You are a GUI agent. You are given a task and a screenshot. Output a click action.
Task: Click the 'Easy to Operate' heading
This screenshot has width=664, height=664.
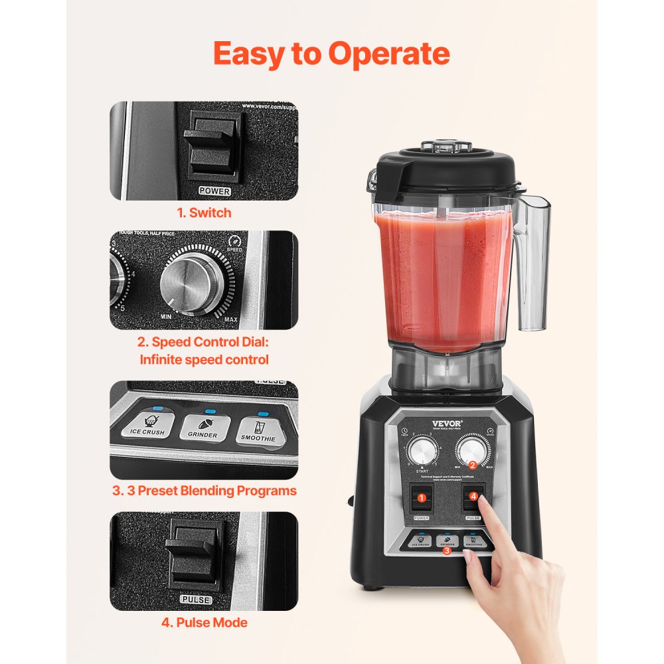pyautogui.click(x=331, y=54)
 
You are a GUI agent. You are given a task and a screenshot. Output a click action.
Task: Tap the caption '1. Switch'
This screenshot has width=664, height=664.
pyautogui.click(x=204, y=213)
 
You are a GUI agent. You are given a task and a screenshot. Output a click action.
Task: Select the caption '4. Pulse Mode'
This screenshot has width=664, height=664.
pyautogui.click(x=204, y=623)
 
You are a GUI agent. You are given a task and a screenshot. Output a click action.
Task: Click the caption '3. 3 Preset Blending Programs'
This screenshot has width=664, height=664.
pyautogui.click(x=204, y=491)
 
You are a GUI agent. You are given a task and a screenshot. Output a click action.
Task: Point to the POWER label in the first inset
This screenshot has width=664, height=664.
pyautogui.click(x=214, y=191)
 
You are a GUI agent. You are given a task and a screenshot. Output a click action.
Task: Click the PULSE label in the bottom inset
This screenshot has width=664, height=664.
pyautogui.click(x=196, y=600)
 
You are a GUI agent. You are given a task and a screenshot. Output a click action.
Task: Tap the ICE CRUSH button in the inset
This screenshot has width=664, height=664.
pyautogui.click(x=147, y=425)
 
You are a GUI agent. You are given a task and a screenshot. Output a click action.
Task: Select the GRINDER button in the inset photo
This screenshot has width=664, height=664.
pyautogui.click(x=204, y=427)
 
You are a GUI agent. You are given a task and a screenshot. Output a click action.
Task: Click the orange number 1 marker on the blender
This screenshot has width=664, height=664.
pyautogui.click(x=420, y=498)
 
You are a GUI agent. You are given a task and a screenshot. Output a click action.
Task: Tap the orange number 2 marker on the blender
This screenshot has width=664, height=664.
pyautogui.click(x=472, y=465)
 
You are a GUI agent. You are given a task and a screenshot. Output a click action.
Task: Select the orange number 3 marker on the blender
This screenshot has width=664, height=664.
pyautogui.click(x=447, y=550)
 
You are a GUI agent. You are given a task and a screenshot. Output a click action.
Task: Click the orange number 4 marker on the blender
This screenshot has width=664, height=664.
pyautogui.click(x=473, y=495)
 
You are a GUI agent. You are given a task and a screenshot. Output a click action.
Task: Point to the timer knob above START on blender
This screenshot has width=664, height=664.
pyautogui.click(x=420, y=453)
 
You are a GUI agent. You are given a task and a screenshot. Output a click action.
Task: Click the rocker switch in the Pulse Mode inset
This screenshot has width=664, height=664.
pyautogui.click(x=194, y=555)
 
